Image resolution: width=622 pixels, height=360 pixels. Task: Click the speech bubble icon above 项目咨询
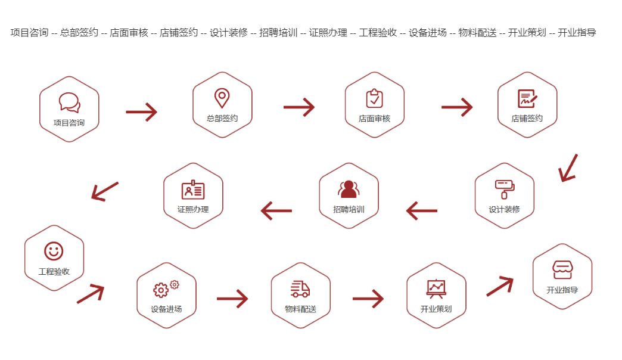[x=69, y=102]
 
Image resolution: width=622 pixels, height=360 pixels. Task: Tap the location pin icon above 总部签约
[x=222, y=98]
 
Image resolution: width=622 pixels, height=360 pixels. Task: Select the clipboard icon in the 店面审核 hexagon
[x=374, y=98]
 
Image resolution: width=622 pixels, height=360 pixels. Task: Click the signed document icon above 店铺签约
[x=527, y=98]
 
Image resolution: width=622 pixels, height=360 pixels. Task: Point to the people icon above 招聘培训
[x=349, y=189]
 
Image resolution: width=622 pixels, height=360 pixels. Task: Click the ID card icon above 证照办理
[x=192, y=190]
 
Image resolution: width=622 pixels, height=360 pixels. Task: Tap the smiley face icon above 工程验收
[x=54, y=251]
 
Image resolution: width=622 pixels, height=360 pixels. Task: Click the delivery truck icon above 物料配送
[x=300, y=289]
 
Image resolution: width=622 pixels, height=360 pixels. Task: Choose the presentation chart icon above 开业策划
[x=436, y=289]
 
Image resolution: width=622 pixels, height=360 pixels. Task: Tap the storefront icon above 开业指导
[x=562, y=269]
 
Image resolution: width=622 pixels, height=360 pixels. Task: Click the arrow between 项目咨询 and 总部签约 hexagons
[x=141, y=111]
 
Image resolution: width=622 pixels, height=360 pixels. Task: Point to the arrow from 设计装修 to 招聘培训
[x=421, y=210]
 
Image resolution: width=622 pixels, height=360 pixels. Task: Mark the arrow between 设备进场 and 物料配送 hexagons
[x=232, y=298]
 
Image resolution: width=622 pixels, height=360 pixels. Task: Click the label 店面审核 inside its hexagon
[x=374, y=119]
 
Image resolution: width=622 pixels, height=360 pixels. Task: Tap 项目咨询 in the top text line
[x=29, y=33]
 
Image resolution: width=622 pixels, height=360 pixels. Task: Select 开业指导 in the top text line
[x=577, y=33]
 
